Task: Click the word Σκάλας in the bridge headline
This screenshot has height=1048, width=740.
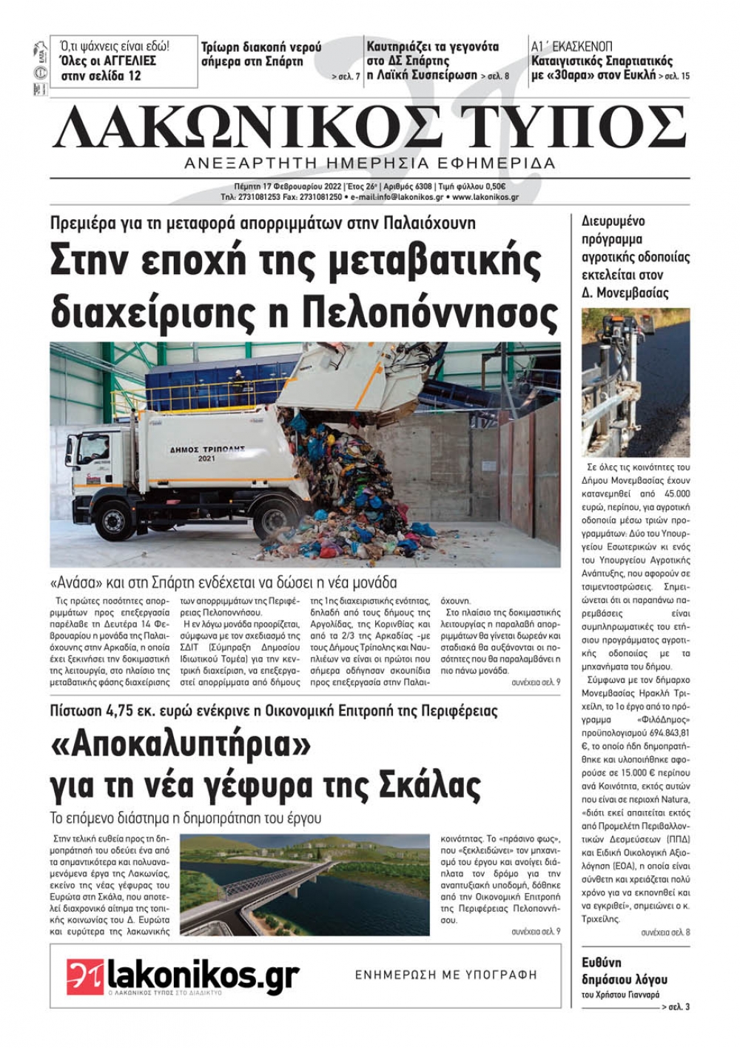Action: [430, 783]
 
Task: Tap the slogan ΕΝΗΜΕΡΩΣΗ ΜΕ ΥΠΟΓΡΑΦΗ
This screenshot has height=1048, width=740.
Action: [446, 975]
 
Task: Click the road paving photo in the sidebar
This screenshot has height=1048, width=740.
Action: [636, 382]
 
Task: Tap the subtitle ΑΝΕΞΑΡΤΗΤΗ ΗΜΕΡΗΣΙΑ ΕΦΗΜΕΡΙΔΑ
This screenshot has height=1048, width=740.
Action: [369, 163]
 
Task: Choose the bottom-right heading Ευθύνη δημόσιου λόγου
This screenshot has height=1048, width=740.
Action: [625, 970]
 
